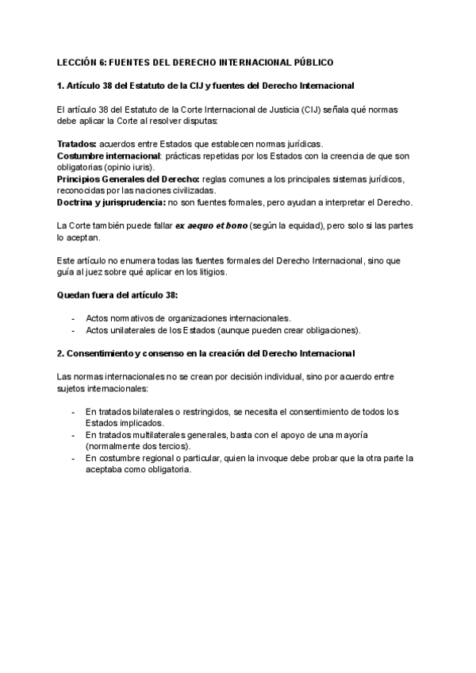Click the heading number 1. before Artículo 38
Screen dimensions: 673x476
[x=62, y=85]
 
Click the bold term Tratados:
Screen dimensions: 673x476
[x=77, y=144]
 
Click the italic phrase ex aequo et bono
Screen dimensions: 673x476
[x=211, y=227]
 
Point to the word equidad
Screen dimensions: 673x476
[x=298, y=227]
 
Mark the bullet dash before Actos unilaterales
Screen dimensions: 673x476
[x=73, y=330]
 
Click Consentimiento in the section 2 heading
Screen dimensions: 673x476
[x=102, y=353]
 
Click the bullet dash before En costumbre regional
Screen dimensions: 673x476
[x=73, y=459]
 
